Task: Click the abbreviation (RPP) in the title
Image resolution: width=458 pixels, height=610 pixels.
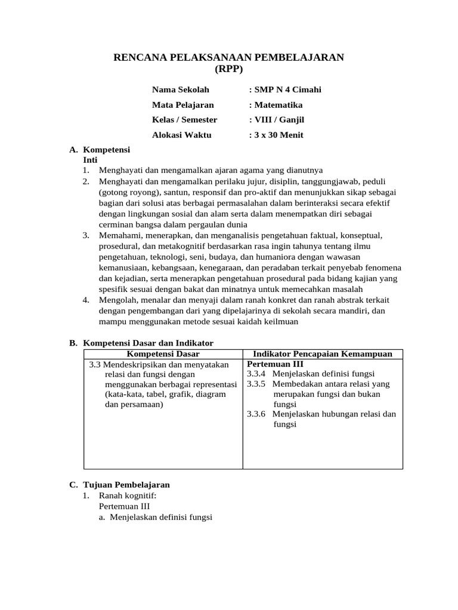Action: pos(229,68)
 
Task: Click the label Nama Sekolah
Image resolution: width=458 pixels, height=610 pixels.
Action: pos(181,90)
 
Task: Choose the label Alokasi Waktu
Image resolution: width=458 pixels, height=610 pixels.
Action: pos(181,135)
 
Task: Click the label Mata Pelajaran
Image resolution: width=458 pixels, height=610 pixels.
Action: pos(182,105)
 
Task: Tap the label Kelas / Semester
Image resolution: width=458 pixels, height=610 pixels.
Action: pos(184,120)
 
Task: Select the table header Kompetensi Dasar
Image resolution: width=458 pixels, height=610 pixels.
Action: pos(163,354)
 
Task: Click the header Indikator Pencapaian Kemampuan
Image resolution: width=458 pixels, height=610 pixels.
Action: pos(323,354)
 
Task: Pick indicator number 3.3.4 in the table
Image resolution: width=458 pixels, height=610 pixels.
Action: pos(256,374)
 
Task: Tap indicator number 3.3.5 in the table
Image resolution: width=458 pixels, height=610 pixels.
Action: pos(256,384)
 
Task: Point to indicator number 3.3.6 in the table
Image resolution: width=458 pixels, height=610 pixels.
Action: pos(256,414)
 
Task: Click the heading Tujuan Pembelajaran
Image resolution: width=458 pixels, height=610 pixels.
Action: pos(126,485)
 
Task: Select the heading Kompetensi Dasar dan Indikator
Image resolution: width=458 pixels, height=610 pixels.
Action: pos(148,343)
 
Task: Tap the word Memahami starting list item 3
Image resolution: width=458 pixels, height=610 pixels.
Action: pos(119,235)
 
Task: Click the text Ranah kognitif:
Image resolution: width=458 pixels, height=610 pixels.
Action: pos(127,495)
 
